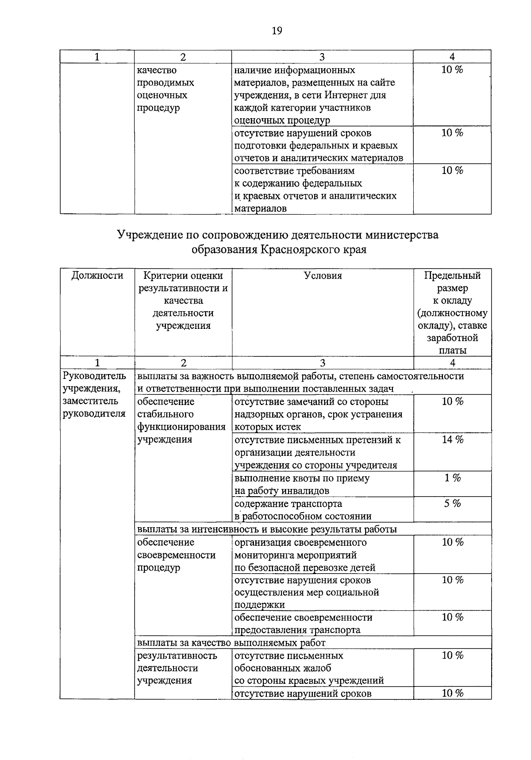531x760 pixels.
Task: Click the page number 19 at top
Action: [x=277, y=31]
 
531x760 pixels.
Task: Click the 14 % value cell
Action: [x=452, y=440]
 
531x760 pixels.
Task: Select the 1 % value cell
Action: [x=452, y=478]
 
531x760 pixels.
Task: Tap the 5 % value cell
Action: [x=452, y=503]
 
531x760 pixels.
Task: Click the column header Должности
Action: [x=97, y=276]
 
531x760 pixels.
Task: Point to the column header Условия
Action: [x=323, y=276]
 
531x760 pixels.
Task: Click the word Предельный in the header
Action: [x=452, y=276]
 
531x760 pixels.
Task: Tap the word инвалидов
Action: [x=305, y=490]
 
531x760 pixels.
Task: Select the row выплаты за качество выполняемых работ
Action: [x=231, y=642]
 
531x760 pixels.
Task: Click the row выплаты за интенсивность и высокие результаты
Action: [x=267, y=529]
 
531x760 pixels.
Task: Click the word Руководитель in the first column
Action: [x=95, y=376]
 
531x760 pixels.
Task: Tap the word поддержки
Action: [x=253, y=605]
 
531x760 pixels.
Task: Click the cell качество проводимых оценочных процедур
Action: [x=165, y=89]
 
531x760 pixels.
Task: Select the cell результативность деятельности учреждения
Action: [x=177, y=668]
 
